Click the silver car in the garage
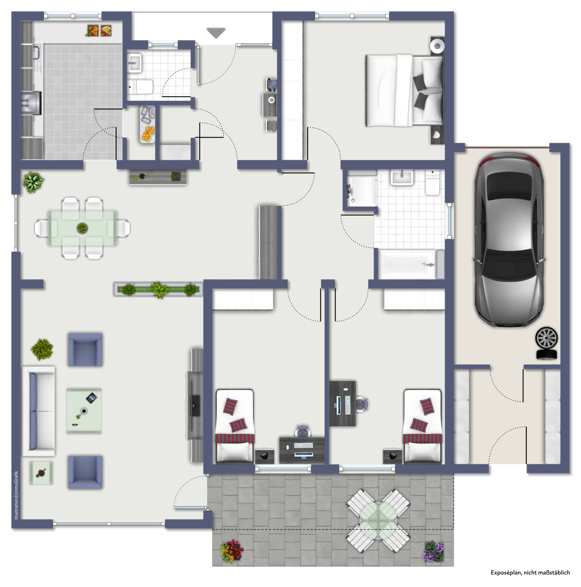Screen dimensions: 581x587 509,240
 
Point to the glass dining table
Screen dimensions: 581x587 82,228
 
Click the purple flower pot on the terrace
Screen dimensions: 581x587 434,551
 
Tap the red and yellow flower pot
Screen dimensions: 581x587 232,551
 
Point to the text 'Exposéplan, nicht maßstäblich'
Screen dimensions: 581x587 530,573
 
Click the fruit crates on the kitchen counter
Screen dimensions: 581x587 99,31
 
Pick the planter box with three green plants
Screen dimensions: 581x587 158,290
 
